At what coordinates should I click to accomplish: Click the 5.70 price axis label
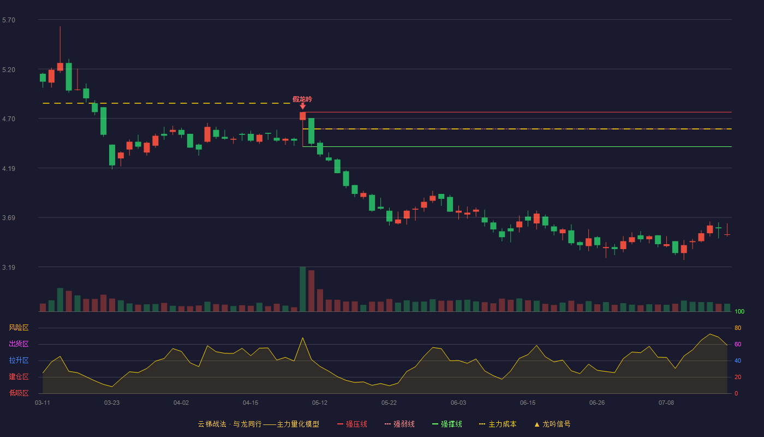(x=9, y=20)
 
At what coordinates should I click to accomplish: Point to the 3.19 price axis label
(x=9, y=267)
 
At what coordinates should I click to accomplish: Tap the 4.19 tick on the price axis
(x=9, y=169)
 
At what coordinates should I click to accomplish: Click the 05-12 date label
(x=320, y=403)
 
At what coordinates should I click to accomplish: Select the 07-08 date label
(x=666, y=403)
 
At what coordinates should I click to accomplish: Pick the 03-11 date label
(x=43, y=403)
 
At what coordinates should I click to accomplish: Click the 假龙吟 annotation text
(x=302, y=99)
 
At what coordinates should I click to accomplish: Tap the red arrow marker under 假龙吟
(x=302, y=106)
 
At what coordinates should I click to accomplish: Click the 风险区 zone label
(x=19, y=328)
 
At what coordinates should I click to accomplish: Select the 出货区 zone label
(x=19, y=344)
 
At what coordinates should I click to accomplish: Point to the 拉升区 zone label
(x=19, y=360)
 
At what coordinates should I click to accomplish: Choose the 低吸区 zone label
(x=19, y=393)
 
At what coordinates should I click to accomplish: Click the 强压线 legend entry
(x=352, y=424)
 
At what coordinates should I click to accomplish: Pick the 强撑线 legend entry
(x=447, y=424)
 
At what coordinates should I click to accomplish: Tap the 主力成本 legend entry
(x=498, y=424)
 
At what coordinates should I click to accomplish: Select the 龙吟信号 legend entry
(x=552, y=424)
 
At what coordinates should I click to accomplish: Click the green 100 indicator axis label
(x=739, y=311)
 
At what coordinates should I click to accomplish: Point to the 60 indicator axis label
(x=738, y=344)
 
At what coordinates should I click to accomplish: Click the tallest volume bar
(x=302, y=289)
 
